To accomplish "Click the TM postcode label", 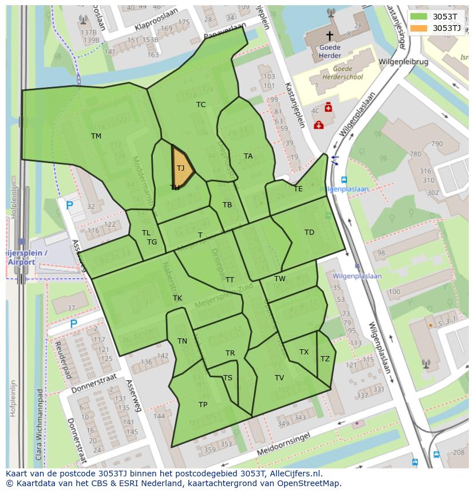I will click(96, 136).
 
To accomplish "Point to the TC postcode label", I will click(201, 104).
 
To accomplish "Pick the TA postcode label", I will click(248, 156).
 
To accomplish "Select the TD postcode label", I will click(309, 232).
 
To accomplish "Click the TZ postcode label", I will click(325, 359).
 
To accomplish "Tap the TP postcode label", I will click(203, 404).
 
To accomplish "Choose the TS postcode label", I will click(228, 377).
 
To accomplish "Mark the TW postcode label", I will click(279, 279).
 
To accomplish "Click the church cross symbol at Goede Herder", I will click(329, 36).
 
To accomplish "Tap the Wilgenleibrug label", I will click(402, 61).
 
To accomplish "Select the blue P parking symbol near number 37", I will click(73, 324).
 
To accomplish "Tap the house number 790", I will click(437, 144).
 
